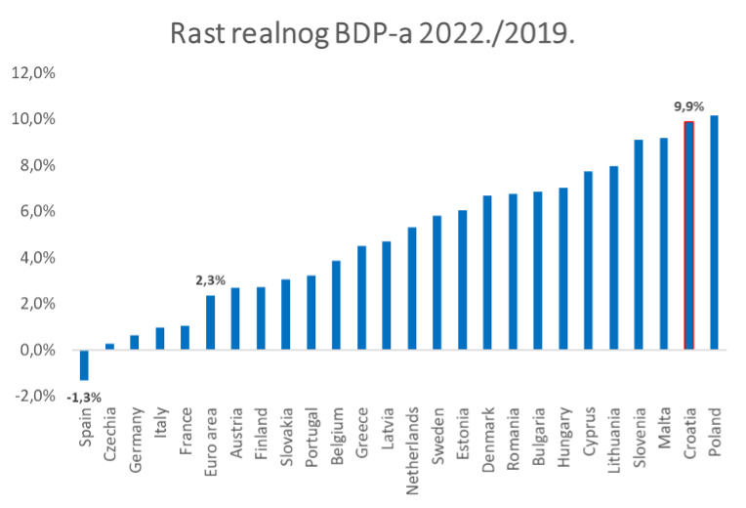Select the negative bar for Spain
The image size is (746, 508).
coord(84,364)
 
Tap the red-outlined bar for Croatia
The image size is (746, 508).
coord(688,235)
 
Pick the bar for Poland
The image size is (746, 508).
coord(714,233)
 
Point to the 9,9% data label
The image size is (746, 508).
coord(688,106)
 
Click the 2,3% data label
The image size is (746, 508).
coord(210,280)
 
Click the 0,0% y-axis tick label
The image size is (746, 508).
coord(35,350)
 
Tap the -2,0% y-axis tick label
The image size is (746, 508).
coord(33,396)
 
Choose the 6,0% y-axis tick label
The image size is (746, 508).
coord(35,211)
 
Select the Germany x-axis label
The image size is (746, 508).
coord(135,438)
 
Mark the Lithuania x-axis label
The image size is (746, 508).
coord(614,441)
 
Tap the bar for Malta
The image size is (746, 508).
coord(664,243)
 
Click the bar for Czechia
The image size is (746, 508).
coord(109,347)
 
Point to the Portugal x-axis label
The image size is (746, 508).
coord(311,438)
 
